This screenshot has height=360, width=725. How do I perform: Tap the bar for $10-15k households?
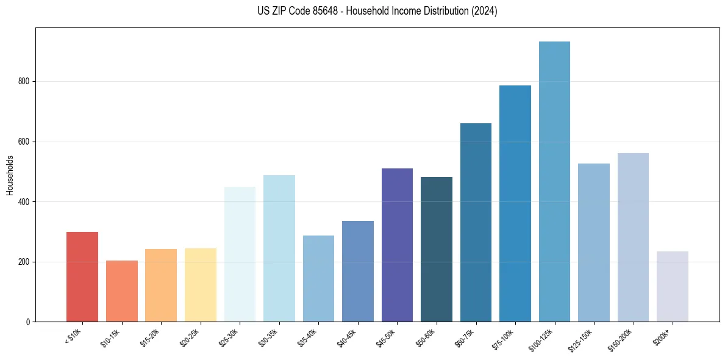[x=121, y=291]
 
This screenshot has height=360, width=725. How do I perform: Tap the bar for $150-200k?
[x=633, y=237]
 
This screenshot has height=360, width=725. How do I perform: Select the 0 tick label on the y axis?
[x=28, y=322]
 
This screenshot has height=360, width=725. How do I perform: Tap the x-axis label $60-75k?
[x=463, y=337]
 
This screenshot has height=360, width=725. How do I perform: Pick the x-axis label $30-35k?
[x=267, y=337]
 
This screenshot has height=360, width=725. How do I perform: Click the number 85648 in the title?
[x=330, y=11]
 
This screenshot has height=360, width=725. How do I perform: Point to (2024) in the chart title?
[x=484, y=11]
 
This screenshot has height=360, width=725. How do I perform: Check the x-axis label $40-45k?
[x=346, y=337]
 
